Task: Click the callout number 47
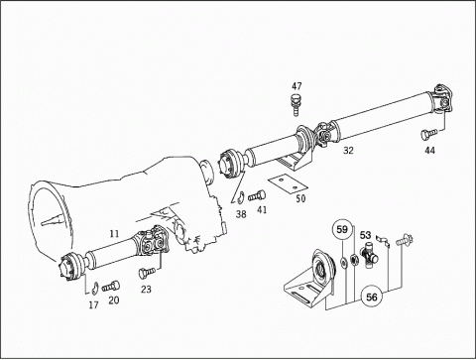(x=297, y=86)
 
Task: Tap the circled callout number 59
(x=342, y=229)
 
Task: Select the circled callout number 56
(x=372, y=297)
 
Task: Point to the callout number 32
(x=348, y=151)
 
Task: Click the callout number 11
(x=114, y=234)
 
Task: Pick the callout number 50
(x=300, y=198)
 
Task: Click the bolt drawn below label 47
(x=296, y=104)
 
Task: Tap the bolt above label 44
(x=428, y=134)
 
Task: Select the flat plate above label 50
(x=288, y=183)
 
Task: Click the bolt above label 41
(x=257, y=195)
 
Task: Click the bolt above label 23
(x=147, y=273)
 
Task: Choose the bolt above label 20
(x=111, y=287)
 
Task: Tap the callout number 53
(x=365, y=235)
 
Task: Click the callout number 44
(x=429, y=151)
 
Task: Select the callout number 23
(x=146, y=290)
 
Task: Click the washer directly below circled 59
(x=343, y=262)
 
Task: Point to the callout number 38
(x=241, y=214)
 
